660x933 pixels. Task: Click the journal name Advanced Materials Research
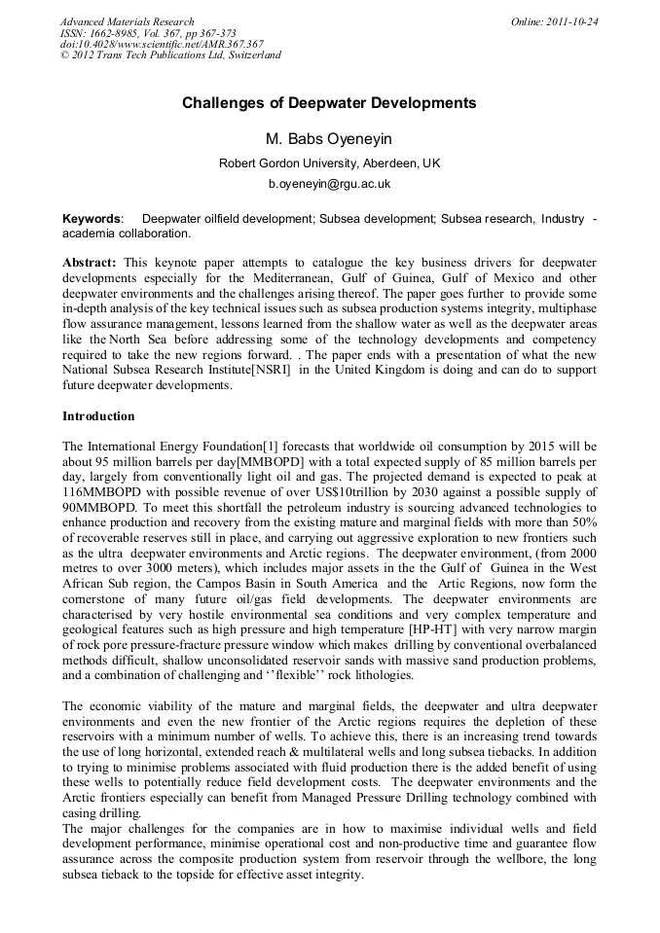coord(127,21)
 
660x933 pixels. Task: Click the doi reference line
coord(162,44)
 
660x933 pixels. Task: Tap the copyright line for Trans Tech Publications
coord(170,55)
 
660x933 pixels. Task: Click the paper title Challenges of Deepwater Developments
coord(329,102)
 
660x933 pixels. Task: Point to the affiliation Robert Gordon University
coord(329,163)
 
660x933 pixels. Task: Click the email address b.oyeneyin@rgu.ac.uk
coord(329,183)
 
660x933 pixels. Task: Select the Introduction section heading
coord(98,416)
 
